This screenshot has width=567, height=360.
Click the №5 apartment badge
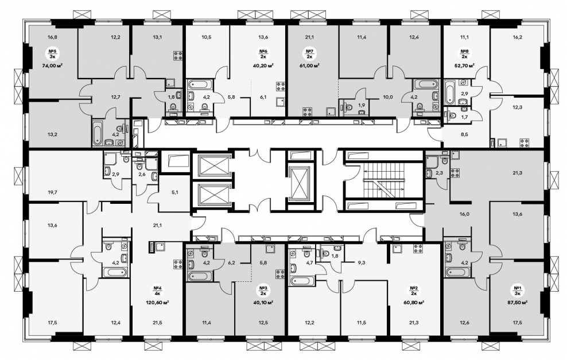53,53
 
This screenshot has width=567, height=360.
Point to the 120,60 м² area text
157,301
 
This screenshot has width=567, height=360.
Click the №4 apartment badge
157,291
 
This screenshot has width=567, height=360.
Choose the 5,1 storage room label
175,192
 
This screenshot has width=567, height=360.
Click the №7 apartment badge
309,53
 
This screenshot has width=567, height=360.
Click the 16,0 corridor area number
464,214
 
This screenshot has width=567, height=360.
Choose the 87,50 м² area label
516,302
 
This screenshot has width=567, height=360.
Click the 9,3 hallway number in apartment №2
361,263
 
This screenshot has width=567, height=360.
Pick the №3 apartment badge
263,291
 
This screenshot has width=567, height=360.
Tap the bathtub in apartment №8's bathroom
449,92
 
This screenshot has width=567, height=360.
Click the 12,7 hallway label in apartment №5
116,96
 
